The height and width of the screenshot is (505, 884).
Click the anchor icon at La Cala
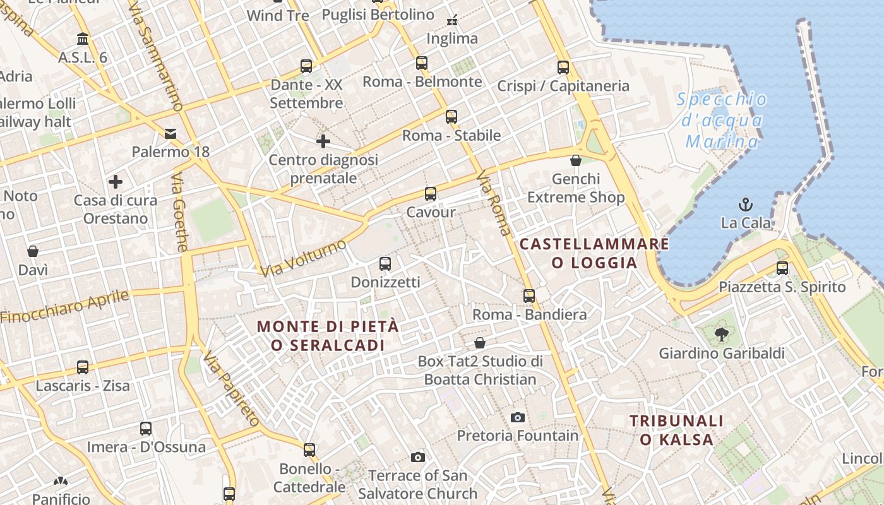pos(746,204)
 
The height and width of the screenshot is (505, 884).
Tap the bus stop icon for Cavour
pos(431,193)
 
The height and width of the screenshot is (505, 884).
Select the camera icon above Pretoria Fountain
pos(517,417)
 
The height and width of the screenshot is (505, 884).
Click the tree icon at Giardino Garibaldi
pos(721,334)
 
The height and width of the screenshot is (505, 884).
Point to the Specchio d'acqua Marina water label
pos(722,121)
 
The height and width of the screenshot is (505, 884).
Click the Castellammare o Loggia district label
pos(594,252)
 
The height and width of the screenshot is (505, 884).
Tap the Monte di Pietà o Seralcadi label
pos(328,335)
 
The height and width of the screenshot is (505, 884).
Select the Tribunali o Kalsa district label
pos(676,430)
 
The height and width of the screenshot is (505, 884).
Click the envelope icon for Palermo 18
pos(170,133)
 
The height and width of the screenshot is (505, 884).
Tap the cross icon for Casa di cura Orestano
pos(116,182)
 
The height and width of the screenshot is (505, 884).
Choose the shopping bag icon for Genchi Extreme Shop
pos(575,160)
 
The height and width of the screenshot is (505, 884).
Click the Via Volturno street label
pos(304,258)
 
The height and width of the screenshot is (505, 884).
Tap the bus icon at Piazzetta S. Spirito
pos(782,268)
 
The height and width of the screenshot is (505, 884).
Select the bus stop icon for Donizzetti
pos(385,263)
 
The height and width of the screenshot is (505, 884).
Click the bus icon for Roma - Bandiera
pos(529,295)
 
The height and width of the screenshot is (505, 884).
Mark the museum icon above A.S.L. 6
pos(83,39)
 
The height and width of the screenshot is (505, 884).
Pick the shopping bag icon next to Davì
pos(33,251)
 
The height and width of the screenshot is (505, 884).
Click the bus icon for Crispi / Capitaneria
pos(563,67)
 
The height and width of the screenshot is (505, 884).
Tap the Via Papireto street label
pos(231,388)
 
